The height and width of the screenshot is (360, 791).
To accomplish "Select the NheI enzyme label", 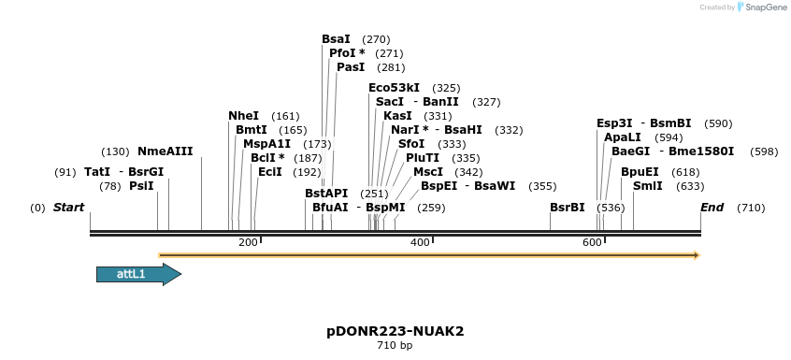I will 243,116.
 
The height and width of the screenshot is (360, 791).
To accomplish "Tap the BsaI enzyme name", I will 336,39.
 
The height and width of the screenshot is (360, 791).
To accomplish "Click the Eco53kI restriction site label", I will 394,87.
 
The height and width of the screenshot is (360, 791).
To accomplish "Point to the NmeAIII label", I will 165,151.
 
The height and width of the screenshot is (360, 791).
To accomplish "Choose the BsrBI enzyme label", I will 567,207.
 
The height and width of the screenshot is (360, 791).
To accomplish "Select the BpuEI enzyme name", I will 640,172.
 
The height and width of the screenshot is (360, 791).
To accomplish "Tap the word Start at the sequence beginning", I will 69,207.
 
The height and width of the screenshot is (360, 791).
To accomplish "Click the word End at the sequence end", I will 712,207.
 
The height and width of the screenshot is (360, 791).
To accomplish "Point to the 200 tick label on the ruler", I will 248,243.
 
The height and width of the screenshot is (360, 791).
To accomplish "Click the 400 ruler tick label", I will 420,243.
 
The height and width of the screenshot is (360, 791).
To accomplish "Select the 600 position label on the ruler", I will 592,243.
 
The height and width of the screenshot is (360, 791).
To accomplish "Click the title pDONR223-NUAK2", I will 395,331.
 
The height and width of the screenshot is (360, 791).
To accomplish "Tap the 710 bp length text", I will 395,346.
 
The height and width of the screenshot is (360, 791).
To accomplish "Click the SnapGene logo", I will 759,7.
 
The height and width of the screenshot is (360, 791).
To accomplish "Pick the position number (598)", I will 764,151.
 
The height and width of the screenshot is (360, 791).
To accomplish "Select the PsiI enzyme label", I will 141,186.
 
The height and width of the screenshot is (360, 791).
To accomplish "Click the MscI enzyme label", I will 428,172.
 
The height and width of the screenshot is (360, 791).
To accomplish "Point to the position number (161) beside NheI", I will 285,116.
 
